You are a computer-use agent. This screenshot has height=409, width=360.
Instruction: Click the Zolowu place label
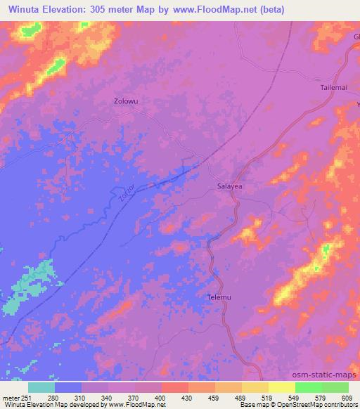pyautogui.click(x=125, y=101)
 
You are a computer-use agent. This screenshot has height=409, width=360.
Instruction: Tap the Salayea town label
pyautogui.click(x=229, y=187)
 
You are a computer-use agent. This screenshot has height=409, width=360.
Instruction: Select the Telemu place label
pyautogui.click(x=219, y=297)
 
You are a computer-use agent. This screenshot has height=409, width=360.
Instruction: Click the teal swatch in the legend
pyautogui.click(x=41, y=387)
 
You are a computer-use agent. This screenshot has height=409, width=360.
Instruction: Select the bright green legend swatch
pyautogui.click(x=309, y=387)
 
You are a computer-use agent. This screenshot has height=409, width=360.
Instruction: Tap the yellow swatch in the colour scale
pyautogui.click(x=282, y=387)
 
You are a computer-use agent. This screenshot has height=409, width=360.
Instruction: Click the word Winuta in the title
pyautogui.click(x=24, y=9)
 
